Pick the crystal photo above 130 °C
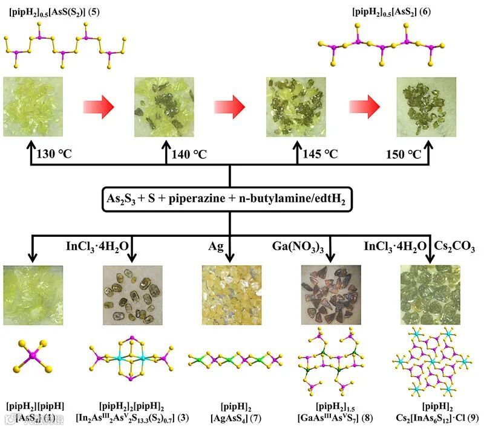(33, 106)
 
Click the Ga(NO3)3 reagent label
(296, 247)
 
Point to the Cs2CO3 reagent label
(456, 247)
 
